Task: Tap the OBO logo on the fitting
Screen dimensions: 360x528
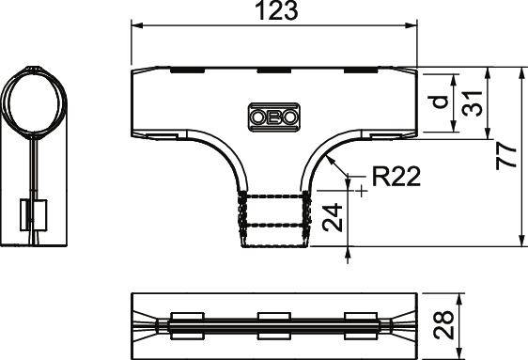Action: [274, 117]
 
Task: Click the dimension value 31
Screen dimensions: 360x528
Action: [477, 102]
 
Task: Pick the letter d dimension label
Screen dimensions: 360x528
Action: [439, 101]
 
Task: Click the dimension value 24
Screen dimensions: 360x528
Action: [330, 219]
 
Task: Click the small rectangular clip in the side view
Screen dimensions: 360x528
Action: [34, 215]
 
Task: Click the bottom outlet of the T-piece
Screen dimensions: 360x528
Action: [275, 221]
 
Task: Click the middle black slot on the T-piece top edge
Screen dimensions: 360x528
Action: [274, 70]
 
